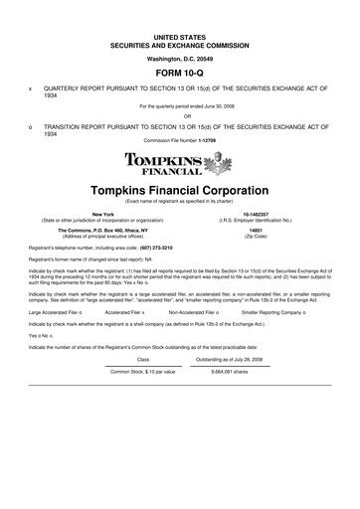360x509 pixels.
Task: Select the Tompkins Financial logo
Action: click(180, 163)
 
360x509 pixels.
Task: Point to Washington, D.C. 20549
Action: click(180, 59)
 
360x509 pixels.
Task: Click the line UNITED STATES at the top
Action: click(180, 36)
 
